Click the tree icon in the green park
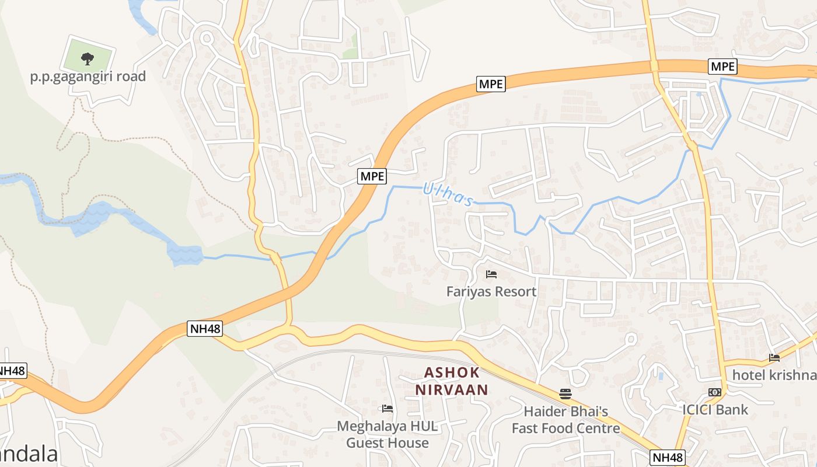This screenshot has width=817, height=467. coord(88,58)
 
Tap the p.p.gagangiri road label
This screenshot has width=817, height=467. coord(88,76)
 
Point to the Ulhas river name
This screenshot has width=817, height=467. coord(448,194)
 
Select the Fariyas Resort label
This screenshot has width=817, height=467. coord(491,291)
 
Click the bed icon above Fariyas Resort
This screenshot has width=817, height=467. coord(491,274)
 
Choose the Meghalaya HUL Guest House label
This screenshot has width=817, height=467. coord(387,434)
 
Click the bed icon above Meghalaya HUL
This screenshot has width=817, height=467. coord(387,409)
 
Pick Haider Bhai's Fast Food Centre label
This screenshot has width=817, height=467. coord(565,420)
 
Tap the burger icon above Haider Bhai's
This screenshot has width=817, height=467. coord(565,394)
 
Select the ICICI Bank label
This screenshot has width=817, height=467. coord(715,410)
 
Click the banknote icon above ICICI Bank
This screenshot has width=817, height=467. coord(714,392)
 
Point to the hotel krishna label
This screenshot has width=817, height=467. coord(774,375)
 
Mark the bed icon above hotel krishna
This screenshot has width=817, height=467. coord(774,358)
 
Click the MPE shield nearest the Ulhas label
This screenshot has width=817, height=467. coord(372,176)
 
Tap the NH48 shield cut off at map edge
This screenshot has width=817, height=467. coord(12,371)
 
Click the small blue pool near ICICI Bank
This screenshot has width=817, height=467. coord(660,375)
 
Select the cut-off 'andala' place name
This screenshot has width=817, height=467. coord(29,454)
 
